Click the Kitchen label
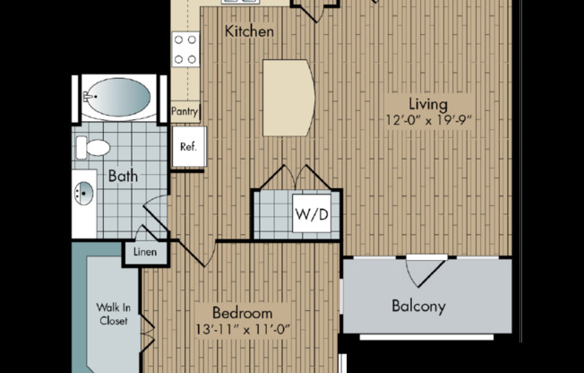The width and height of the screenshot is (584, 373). click(249, 32)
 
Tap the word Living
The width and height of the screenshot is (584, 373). click(428, 104)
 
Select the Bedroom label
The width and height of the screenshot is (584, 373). click(242, 313)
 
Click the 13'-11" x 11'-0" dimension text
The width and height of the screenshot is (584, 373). click(242, 329)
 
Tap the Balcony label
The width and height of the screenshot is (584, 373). click(418, 306)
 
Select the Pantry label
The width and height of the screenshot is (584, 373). click(185, 111)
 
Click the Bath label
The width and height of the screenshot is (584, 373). click(123, 176)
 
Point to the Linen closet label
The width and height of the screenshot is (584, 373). click(145, 253)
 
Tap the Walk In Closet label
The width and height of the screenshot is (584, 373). click(113, 314)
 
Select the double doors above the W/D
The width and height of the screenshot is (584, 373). click(296, 177)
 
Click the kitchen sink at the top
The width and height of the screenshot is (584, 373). click(237, 3)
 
